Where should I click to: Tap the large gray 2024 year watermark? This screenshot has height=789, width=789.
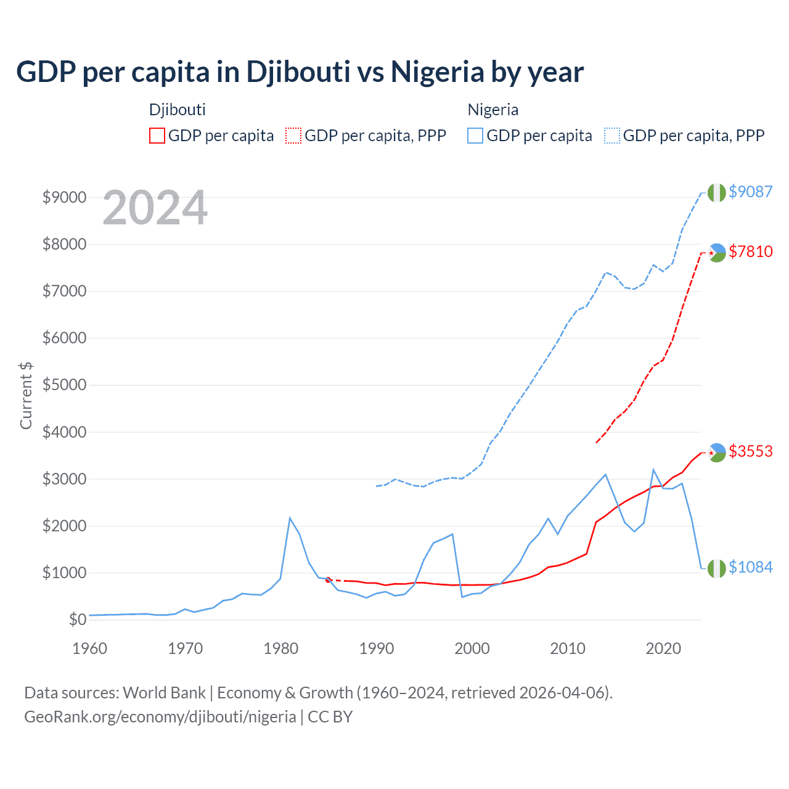155,208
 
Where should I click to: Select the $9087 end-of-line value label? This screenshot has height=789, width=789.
750,192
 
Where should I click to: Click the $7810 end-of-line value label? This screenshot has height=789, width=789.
750,251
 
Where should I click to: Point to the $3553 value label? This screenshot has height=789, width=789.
750,451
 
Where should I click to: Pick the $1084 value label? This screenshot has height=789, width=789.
750,567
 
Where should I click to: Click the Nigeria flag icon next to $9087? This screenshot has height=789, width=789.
716,192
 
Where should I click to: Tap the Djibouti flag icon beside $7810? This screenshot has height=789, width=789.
716,252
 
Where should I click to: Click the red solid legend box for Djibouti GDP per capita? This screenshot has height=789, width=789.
157,136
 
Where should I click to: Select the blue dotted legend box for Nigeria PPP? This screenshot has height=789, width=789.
612,136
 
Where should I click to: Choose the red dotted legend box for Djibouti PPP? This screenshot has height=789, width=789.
293,136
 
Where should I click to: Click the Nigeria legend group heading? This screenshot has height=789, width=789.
493,110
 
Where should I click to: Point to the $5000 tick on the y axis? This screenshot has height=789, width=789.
64,385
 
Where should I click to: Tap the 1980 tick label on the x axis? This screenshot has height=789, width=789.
281,648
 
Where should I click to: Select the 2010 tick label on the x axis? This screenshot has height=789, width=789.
567,648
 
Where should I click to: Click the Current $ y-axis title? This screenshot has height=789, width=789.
26,396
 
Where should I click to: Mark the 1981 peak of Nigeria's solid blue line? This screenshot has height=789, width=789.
290,518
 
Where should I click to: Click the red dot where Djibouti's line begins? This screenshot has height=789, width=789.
328,579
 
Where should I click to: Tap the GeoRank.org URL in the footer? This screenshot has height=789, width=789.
160,717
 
